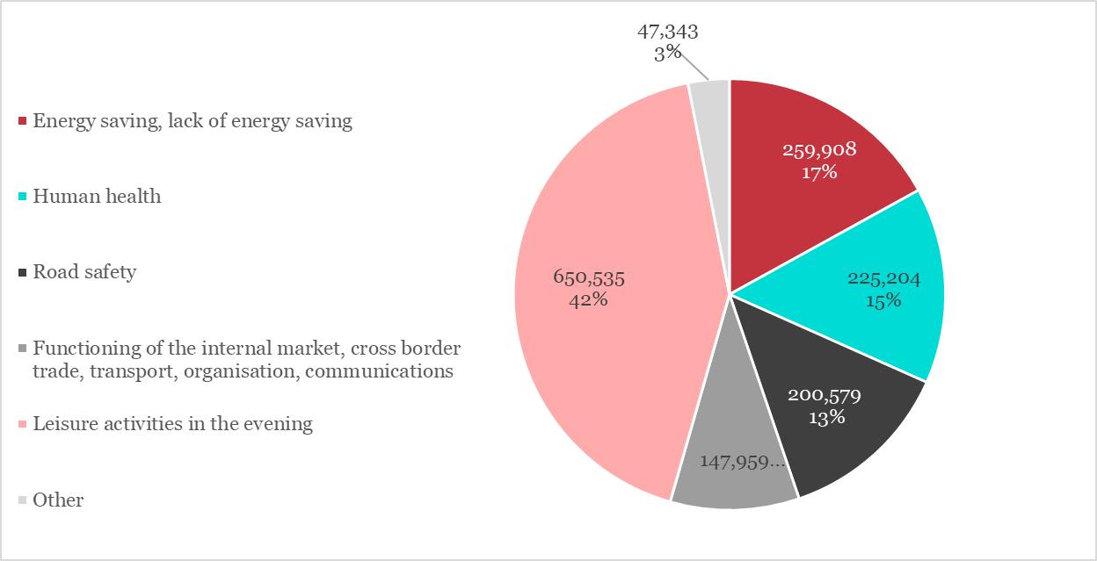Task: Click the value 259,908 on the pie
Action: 819,150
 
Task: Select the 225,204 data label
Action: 883,279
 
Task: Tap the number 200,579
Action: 824,396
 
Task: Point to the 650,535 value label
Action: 589,277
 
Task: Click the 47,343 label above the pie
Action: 668,32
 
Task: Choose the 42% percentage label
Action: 589,299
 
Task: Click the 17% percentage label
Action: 819,172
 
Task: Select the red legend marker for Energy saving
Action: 23,120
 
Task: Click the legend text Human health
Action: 97,196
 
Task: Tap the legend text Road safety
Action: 84,272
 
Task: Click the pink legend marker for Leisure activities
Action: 23,424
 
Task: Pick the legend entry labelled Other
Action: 58,500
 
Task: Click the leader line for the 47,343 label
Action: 694,67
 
